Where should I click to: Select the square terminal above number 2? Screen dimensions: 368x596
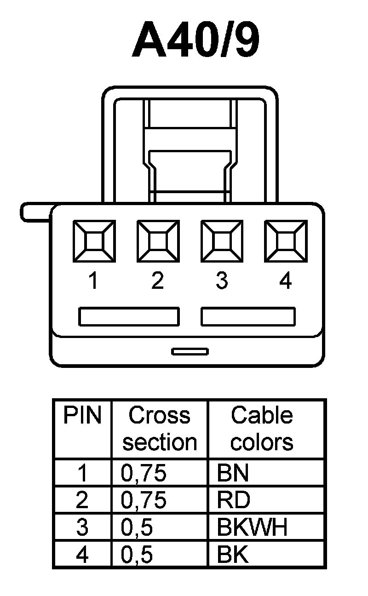pos(158,241)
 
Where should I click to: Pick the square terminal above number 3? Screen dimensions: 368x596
pos(222,241)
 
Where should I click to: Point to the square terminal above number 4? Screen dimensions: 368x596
pos(286,241)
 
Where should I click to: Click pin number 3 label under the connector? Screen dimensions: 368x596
pos(222,281)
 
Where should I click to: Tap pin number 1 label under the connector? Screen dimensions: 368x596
pos(93,281)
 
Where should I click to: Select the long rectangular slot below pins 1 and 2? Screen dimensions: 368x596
pos(129,317)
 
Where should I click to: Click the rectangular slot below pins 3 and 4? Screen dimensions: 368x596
pos(248,317)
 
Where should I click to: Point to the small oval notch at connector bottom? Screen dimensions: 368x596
pos(190,352)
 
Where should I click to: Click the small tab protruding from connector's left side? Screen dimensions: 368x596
pos(36,212)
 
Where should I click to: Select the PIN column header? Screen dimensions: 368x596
pos(82,415)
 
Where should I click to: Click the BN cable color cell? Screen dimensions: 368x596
pos(233,474)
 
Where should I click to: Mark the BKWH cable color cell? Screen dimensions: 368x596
pos(252,527)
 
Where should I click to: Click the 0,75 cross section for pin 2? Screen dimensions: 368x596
pos(144,500)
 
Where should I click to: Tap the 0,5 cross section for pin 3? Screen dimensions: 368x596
pos(137,527)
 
